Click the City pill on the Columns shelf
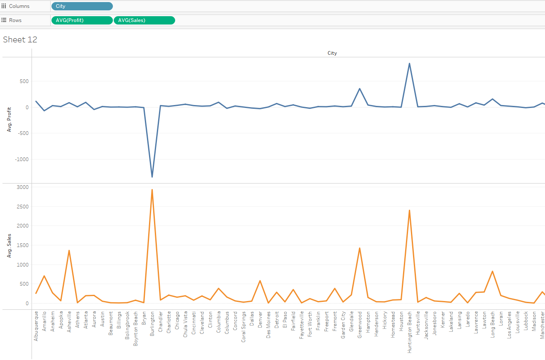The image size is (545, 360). tap(82, 6)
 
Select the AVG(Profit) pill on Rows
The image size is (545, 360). tap(82, 20)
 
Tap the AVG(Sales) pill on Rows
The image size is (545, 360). tap(144, 20)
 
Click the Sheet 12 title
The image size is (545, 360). tap(20, 39)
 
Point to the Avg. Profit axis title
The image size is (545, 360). tap(9, 120)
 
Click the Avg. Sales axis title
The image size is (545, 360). tap(9, 245)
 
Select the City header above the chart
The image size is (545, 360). tap(332, 53)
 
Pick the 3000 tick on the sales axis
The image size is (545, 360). tap(22, 187)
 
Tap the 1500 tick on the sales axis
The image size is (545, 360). tap(22, 245)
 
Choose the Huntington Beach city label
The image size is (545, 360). tap(410, 332)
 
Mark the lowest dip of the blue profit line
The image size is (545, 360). tap(152, 177)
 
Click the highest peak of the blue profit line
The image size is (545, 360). tap(410, 64)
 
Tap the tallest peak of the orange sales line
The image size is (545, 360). tap(152, 190)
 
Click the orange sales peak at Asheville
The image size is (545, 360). tap(69, 250)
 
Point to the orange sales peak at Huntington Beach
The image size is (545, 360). tap(410, 210)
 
